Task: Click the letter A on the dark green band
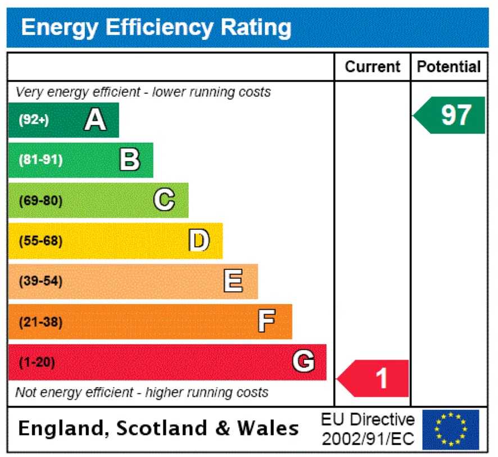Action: [95, 120]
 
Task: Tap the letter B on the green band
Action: [130, 160]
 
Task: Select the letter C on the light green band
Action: [164, 200]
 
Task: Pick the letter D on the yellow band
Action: [199, 241]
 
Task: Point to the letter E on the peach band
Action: [233, 281]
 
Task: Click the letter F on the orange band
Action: [266, 322]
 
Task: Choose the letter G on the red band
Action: [304, 361]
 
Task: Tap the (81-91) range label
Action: [40, 160]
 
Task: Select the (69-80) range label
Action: [40, 201]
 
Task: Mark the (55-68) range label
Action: [40, 241]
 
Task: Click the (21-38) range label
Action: [40, 322]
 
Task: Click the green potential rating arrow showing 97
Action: [450, 115]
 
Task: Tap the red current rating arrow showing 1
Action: [374, 378]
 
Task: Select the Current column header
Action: [372, 67]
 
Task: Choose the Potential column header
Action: [449, 67]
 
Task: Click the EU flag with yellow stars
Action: [450, 429]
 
